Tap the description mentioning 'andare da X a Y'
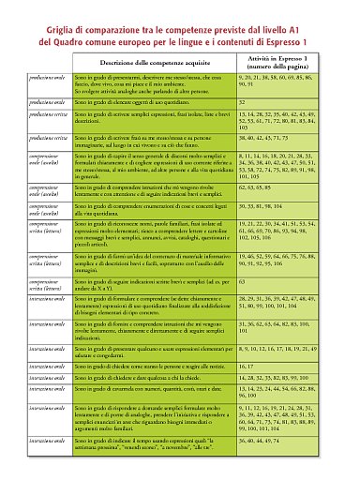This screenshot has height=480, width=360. click(152, 284)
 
